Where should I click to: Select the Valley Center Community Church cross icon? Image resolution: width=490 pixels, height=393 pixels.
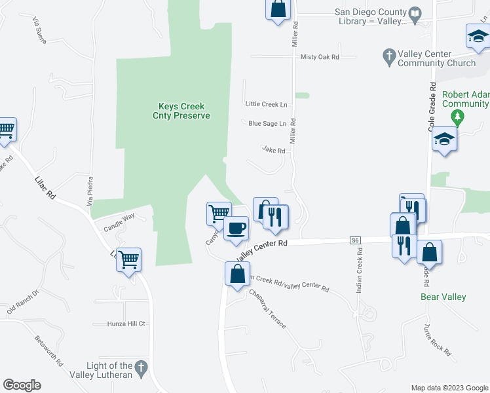tap(388, 56)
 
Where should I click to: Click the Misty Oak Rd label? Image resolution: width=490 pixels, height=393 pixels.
tap(320, 57)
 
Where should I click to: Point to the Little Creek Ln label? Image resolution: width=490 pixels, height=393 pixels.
tap(266, 104)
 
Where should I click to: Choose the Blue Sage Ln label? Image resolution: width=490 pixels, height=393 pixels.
tap(267, 123)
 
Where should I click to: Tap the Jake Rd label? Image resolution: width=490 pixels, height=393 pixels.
tap(273, 150)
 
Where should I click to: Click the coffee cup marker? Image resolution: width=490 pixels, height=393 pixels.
tap(236, 229)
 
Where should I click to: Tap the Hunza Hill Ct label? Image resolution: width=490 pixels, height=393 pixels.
tap(127, 324)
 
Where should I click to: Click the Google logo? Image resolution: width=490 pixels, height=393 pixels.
tap(22, 385)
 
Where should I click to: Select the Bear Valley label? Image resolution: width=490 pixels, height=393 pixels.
tap(443, 297)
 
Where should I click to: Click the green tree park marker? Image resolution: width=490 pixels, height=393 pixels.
tap(458, 118)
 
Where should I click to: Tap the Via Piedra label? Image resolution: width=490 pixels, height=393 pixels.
tap(91, 189)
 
